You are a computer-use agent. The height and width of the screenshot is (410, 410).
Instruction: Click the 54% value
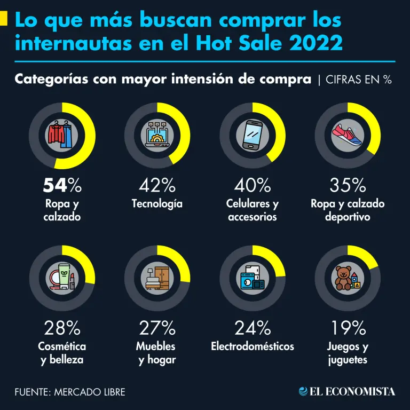[x=62, y=186]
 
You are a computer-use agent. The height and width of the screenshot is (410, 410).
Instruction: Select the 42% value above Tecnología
[x=157, y=186]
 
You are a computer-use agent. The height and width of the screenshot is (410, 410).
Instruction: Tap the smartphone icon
[x=252, y=135]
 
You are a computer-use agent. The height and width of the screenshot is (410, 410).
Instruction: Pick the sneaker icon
[x=347, y=135]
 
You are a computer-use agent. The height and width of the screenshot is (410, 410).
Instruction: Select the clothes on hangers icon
[x=62, y=135]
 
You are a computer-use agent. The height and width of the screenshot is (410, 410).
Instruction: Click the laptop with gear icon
[x=157, y=135]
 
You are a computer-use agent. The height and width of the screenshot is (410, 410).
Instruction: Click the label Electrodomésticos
[x=252, y=346]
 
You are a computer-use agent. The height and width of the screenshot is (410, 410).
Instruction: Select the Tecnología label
[x=157, y=204]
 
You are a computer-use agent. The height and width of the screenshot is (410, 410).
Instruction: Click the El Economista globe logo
[x=304, y=391]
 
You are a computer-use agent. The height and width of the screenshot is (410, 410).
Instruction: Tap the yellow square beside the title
[x=4, y=19]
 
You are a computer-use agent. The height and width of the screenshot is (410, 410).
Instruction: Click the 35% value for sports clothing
[x=348, y=186]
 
